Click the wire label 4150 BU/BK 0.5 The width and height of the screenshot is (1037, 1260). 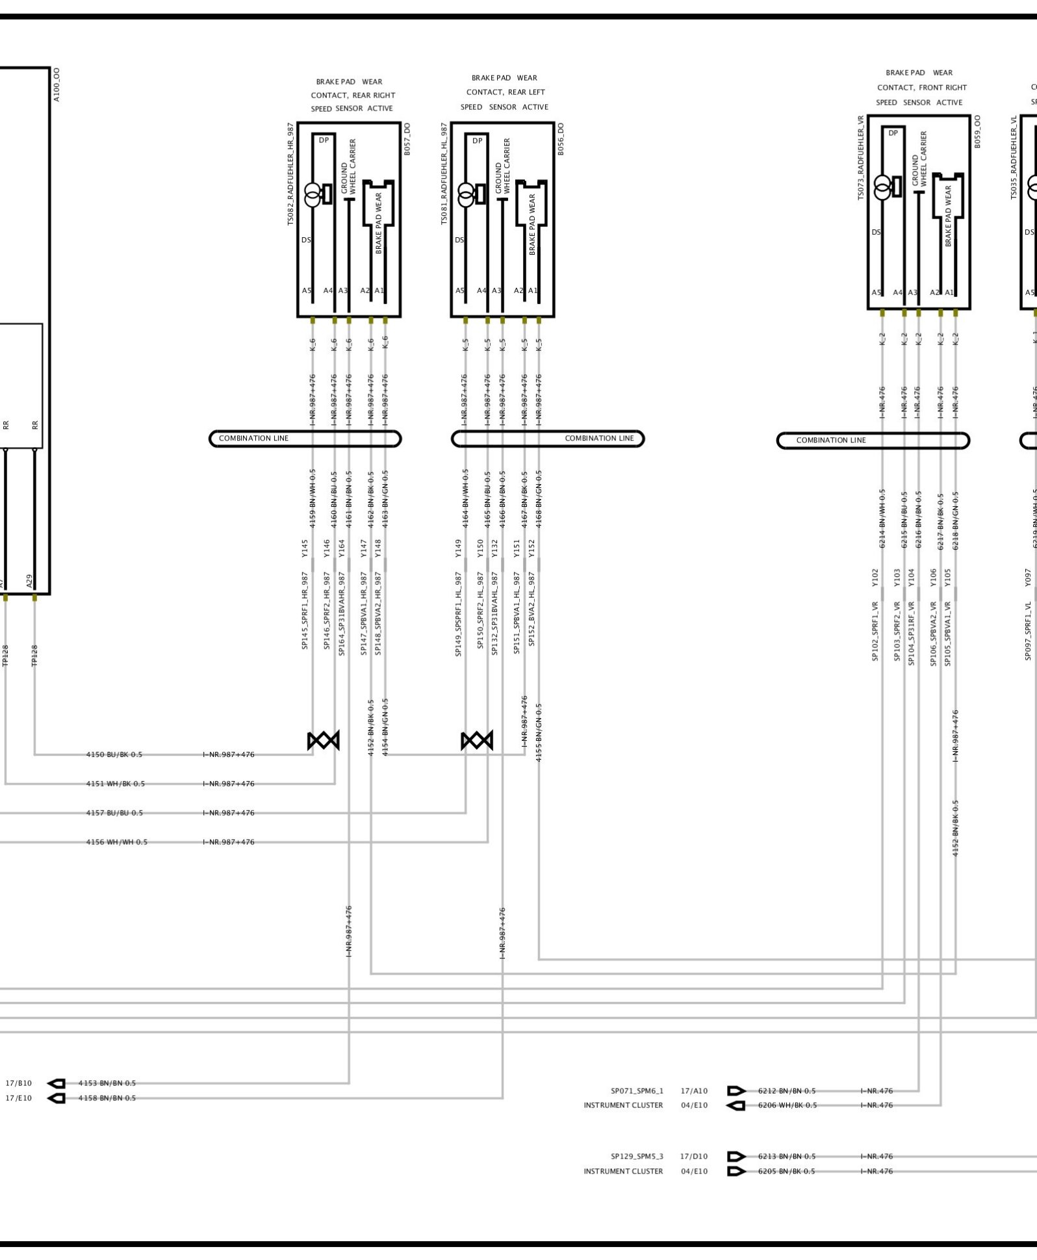114,754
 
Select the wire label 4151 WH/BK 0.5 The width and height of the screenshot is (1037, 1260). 116,784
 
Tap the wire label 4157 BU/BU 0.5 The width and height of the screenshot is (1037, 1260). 114,813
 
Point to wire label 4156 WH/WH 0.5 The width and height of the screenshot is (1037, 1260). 117,842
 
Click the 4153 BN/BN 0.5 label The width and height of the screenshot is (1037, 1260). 107,1083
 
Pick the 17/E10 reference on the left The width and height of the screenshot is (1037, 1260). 18,1098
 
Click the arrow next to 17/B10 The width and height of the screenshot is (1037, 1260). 57,1083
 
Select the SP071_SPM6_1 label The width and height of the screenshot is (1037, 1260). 637,1091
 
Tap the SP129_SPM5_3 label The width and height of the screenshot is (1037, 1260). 637,1157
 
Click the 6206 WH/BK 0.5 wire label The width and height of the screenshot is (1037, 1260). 787,1105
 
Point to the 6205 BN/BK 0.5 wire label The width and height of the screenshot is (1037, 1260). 786,1172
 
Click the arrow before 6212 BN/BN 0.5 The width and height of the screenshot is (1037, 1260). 736,1091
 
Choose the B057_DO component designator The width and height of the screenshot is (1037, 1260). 407,139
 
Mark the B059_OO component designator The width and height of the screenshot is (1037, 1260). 977,132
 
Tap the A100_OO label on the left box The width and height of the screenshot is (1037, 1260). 57,84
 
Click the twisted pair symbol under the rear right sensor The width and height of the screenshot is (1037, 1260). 324,740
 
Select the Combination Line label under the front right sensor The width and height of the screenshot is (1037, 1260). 831,441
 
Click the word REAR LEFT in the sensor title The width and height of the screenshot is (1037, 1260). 528,92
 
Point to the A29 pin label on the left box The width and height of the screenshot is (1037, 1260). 30,581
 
